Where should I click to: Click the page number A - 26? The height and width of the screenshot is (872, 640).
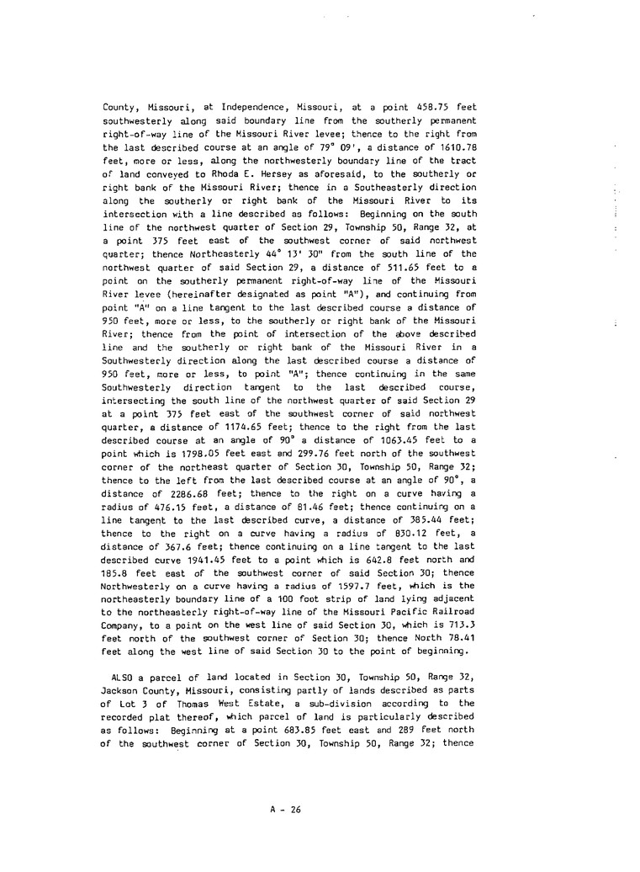pyautogui.click(x=286, y=810)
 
